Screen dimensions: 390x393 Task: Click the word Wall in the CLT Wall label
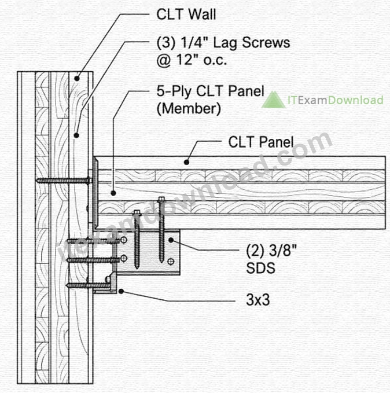pyautogui.click(x=202, y=14)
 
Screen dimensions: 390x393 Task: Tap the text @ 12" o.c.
pyautogui.click(x=192, y=60)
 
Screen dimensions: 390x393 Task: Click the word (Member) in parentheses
pyautogui.click(x=189, y=109)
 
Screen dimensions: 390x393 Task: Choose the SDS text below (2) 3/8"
pyautogui.click(x=260, y=267)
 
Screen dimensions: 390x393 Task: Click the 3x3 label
pyautogui.click(x=258, y=299)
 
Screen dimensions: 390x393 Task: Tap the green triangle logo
pyautogui.click(x=274, y=100)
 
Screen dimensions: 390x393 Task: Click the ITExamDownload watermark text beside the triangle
pyautogui.click(x=336, y=100)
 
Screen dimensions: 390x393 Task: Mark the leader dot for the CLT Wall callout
pyautogui.click(x=77, y=79)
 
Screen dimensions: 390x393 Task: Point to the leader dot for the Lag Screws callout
pyautogui.click(x=76, y=135)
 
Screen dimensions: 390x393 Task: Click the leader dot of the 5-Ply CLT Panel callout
pyautogui.click(x=113, y=193)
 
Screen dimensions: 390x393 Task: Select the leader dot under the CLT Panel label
pyautogui.click(x=186, y=163)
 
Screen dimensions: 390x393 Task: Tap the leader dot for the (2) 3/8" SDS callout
pyautogui.click(x=171, y=240)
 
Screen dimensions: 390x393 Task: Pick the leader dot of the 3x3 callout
pyautogui.click(x=121, y=291)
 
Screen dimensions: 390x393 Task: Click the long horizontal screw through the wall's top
pyautogui.click(x=64, y=180)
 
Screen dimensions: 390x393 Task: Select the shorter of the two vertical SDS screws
pyautogui.click(x=137, y=240)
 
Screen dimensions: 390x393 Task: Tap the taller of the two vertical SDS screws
pyautogui.click(x=161, y=230)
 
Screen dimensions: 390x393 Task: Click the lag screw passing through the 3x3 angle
pyautogui.click(x=88, y=284)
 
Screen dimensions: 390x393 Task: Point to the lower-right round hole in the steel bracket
pyautogui.click(x=171, y=262)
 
